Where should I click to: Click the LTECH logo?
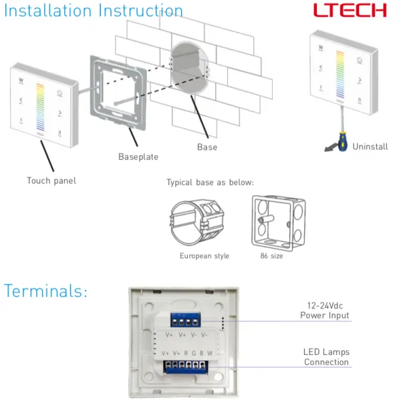351,10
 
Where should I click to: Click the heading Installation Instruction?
93,11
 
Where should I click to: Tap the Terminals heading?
45,291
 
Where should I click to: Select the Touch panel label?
51,180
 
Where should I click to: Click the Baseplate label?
138,157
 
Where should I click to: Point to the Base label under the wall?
207,146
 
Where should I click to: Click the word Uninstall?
370,146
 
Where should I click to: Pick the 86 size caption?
271,256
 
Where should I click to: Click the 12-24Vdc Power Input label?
324,310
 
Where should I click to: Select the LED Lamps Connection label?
326,357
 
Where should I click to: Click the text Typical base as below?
210,182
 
